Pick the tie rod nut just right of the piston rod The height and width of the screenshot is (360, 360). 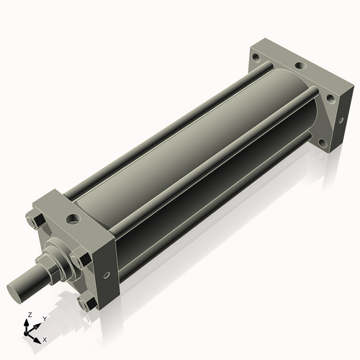point(78,258)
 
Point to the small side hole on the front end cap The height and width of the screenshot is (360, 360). point(107,274)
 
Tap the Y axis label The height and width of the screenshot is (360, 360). point(45,318)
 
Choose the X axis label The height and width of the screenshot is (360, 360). point(45,338)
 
